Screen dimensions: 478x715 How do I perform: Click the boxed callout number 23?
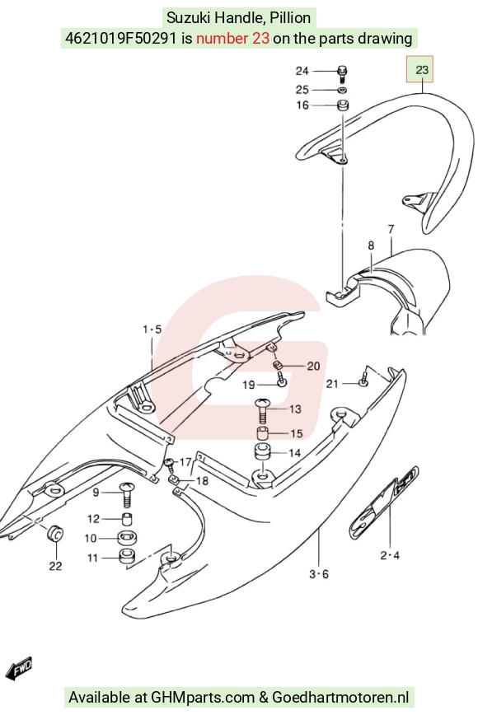coord(422,70)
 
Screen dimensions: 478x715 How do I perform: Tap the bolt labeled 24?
coord(343,74)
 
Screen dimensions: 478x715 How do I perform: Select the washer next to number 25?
coord(343,90)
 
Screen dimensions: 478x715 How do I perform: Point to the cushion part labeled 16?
coord(343,105)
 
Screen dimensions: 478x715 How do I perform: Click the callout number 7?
coord(391,229)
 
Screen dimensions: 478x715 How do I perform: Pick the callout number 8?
coord(371,245)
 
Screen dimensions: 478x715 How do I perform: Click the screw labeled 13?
coord(263,409)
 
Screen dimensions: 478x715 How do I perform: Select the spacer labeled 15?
coord(262,433)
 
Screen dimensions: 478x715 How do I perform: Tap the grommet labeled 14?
coord(262,452)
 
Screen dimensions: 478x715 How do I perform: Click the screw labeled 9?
coord(127,494)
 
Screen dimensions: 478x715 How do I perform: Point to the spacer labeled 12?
coord(127,519)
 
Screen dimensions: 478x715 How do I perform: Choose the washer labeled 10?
coord(127,538)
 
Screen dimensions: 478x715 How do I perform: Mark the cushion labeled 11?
coord(127,557)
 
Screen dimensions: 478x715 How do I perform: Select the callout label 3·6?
coord(319,574)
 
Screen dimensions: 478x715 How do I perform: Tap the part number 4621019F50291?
coord(121,38)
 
